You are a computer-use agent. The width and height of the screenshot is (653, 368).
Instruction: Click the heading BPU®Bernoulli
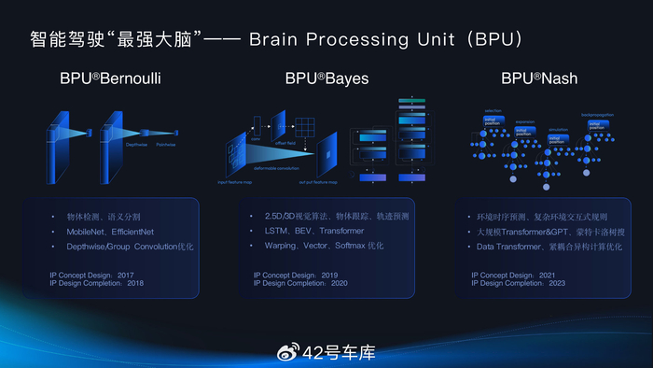pos(110,78)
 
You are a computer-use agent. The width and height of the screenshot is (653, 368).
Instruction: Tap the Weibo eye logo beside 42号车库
pos(289,352)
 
